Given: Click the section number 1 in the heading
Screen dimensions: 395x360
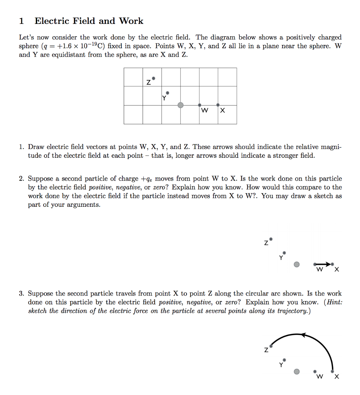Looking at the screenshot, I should (22, 21).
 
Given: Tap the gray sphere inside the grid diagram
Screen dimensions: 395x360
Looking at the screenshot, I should (180, 105).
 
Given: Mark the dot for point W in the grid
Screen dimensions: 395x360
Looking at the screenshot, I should (199, 105).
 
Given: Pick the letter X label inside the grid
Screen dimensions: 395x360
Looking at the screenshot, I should (222, 111).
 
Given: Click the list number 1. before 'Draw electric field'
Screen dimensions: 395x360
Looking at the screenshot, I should (22, 147).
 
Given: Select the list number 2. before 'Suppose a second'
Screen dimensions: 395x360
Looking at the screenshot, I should (22, 179).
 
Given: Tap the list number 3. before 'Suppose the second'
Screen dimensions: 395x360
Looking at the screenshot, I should (22, 294).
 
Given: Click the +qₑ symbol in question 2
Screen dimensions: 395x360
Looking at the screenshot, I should (146, 179).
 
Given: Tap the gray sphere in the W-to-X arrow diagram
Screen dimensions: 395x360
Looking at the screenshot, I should (296, 265).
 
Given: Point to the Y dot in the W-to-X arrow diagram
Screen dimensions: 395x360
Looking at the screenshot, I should (284, 252).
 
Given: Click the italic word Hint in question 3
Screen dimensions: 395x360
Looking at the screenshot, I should (334, 302).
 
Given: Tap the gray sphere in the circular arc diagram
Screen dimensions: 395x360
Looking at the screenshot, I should (296, 371).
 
